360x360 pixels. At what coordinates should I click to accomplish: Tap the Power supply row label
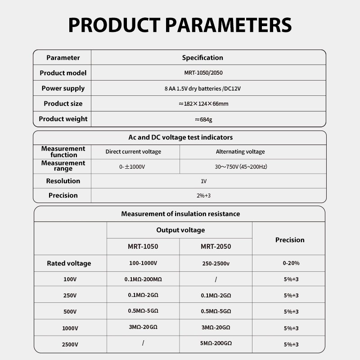[x=63, y=88]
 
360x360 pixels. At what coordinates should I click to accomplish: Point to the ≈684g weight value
[x=203, y=119]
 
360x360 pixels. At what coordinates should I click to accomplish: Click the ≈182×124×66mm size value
[x=203, y=104]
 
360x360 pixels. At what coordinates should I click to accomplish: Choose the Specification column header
[x=202, y=58]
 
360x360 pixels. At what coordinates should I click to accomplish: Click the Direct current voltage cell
[x=133, y=152]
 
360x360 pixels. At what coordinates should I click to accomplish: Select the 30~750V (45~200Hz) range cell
[x=241, y=166]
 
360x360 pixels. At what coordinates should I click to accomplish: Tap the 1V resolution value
[x=204, y=181]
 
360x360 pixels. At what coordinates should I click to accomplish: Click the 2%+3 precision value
[x=204, y=195]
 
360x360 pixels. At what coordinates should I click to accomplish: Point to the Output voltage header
[x=180, y=230]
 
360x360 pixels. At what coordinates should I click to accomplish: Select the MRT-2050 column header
[x=216, y=247]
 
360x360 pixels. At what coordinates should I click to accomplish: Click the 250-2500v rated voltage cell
[x=216, y=263]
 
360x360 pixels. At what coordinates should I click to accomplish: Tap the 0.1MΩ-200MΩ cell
[x=143, y=279]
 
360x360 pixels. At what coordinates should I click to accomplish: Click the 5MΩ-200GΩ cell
[x=216, y=343]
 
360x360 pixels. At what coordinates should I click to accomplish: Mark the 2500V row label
[x=70, y=345]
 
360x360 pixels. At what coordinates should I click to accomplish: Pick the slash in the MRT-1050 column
[x=143, y=343]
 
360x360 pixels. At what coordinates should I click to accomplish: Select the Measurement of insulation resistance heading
[x=180, y=214]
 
